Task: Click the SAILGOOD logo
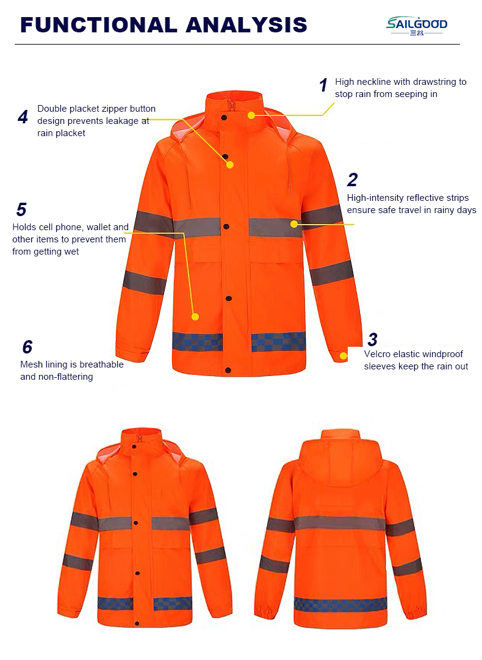click(x=416, y=26)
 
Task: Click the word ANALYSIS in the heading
click(x=246, y=25)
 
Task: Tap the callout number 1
click(x=323, y=85)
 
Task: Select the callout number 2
click(x=353, y=180)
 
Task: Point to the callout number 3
click(x=373, y=339)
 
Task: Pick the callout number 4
click(x=23, y=117)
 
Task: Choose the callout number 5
click(x=21, y=209)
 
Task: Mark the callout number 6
click(x=27, y=347)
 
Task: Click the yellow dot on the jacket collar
click(x=251, y=115)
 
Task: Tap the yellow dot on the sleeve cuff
click(x=344, y=356)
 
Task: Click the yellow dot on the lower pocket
click(x=195, y=316)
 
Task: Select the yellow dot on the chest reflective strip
click(x=294, y=224)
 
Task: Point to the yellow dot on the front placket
click(x=229, y=165)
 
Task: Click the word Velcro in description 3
click(x=377, y=354)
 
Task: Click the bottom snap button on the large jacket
click(x=228, y=371)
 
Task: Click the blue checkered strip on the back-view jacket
click(x=340, y=604)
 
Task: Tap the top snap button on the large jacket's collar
click(x=224, y=117)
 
